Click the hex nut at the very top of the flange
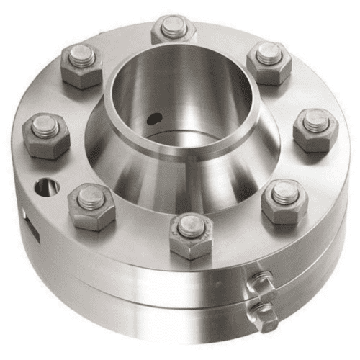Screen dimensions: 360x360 click(x=174, y=30)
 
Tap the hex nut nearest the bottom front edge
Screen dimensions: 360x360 click(x=191, y=235)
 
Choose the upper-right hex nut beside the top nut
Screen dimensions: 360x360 click(x=269, y=60)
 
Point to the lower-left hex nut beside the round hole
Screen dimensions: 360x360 click(x=91, y=205)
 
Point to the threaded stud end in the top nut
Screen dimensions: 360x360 click(x=174, y=26)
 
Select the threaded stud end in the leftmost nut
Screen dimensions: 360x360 click(x=45, y=126)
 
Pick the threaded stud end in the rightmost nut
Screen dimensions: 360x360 click(x=317, y=120)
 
